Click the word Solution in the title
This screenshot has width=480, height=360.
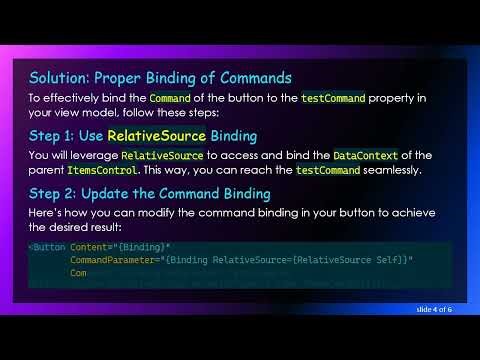[x=58, y=78]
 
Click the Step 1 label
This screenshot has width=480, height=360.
[x=56, y=135]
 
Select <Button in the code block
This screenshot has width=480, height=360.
[x=46, y=246]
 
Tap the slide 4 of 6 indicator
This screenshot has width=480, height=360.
[x=434, y=310]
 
